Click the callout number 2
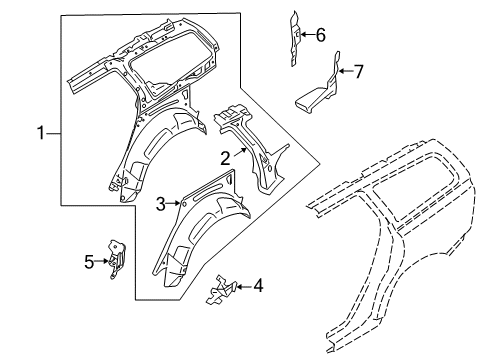[226, 156]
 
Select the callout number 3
[161, 204]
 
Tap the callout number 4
[258, 287]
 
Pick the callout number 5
[89, 262]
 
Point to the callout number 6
[320, 35]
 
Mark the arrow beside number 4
[243, 287]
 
